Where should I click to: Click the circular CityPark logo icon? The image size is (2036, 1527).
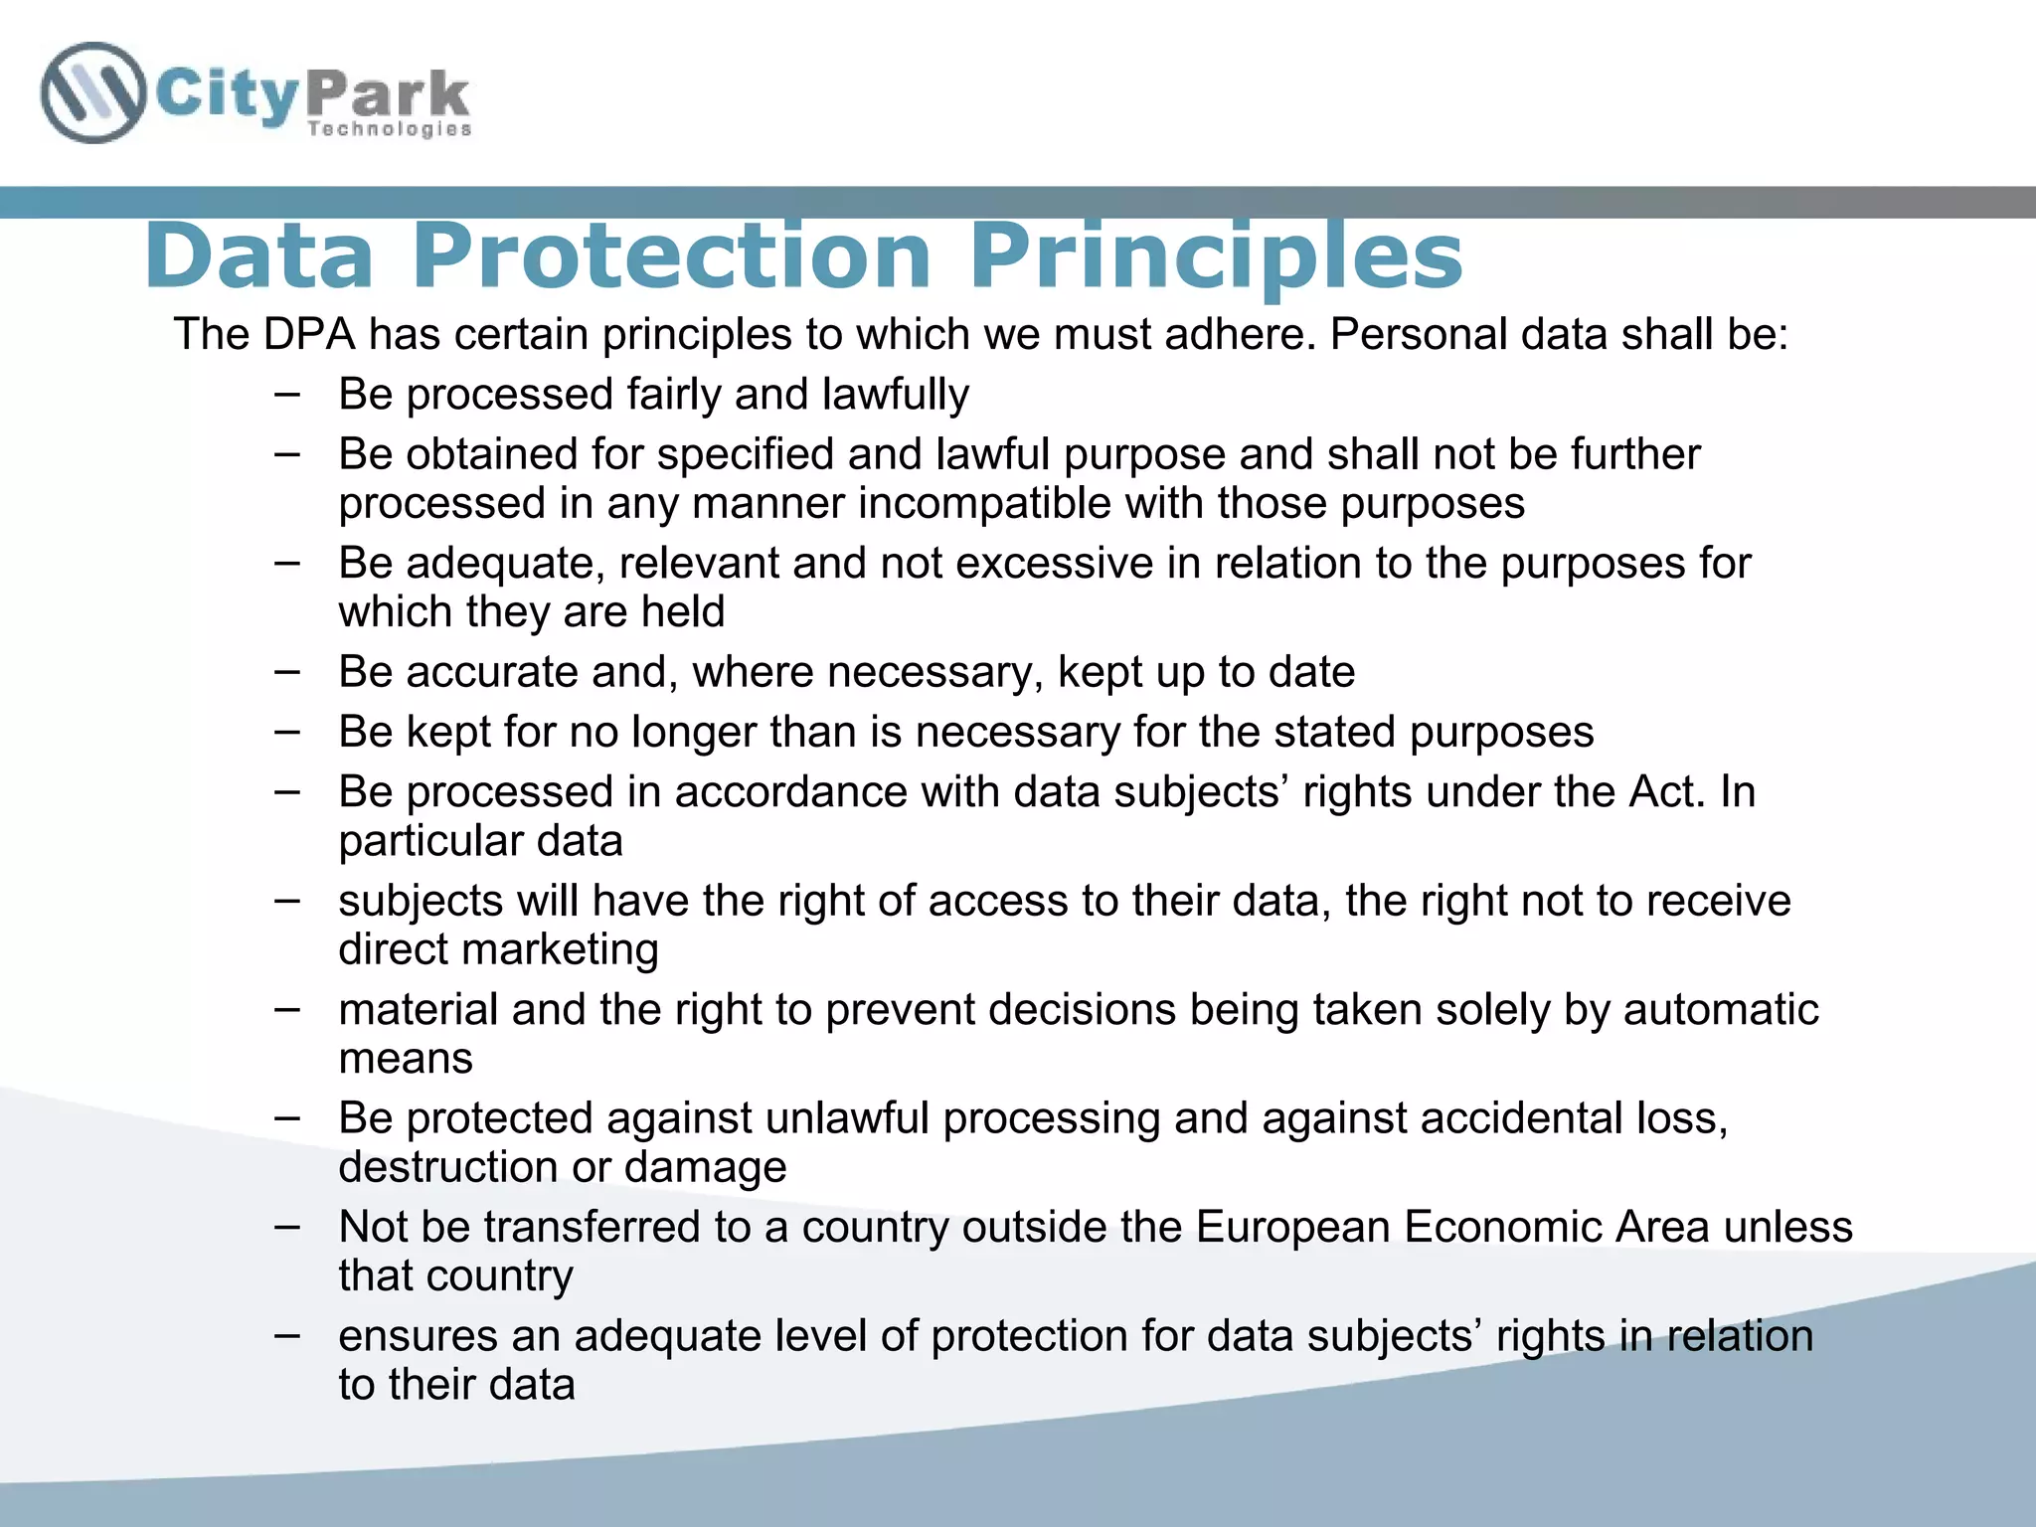92,93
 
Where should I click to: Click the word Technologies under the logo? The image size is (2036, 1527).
389,129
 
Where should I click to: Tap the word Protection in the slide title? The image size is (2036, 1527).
671,256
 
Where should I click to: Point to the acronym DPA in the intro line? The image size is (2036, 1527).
309,334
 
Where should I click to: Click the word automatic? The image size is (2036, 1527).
1721,1010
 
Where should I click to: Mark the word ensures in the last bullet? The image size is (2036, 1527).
418,1336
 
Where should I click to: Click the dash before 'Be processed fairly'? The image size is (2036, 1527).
287,394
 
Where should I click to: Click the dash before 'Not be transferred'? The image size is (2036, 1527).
287,1227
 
